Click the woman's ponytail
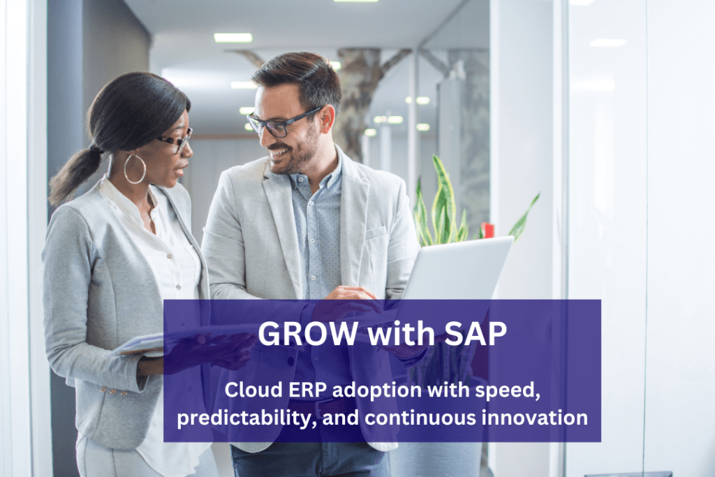point(73,175)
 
